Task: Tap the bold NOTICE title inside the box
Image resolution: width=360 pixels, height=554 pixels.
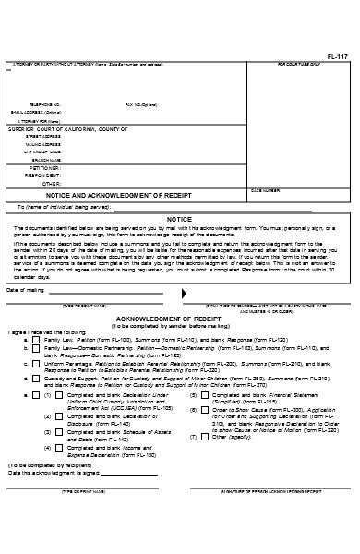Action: (x=178, y=220)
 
